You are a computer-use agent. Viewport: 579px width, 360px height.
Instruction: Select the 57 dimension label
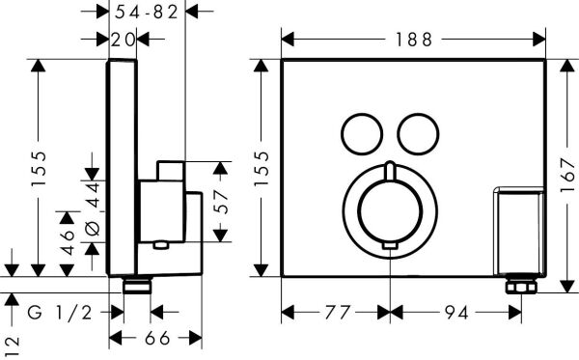pyautogui.click(x=222, y=202)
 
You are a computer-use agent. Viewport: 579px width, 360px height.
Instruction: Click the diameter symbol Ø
pyautogui.click(x=94, y=228)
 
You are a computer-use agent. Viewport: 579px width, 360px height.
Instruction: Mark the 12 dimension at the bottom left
pyautogui.click(x=11, y=343)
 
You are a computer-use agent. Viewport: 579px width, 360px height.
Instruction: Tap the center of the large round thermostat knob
pyautogui.click(x=388, y=207)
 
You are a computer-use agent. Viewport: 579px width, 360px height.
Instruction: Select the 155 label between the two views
pyautogui.click(x=262, y=168)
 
